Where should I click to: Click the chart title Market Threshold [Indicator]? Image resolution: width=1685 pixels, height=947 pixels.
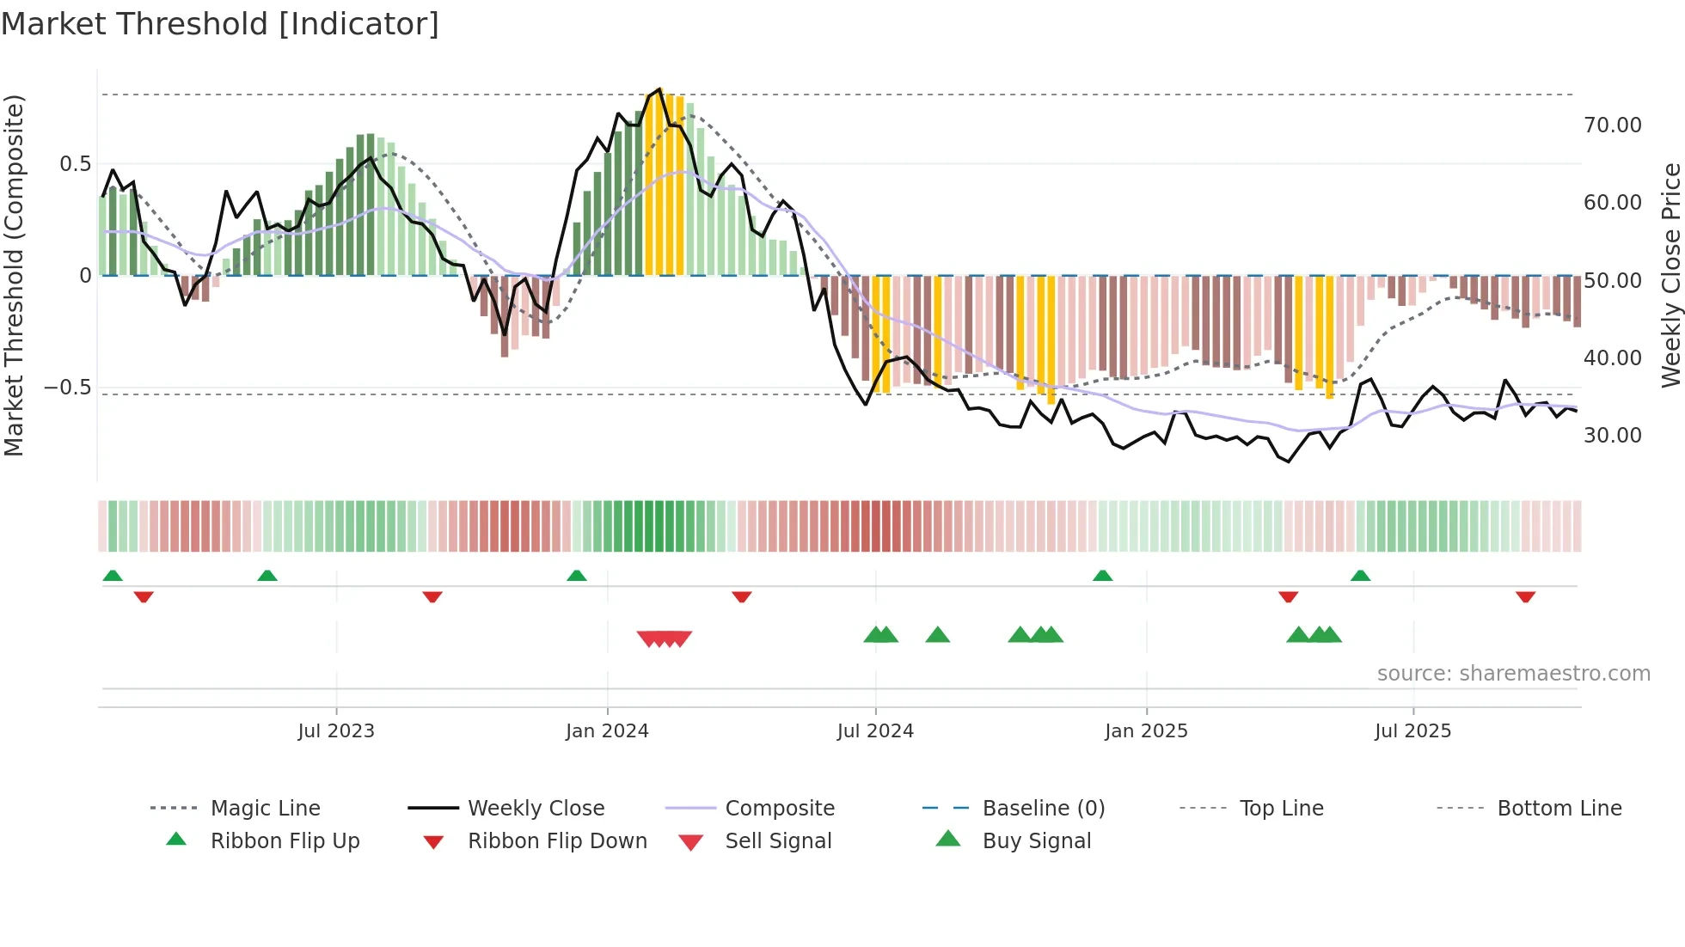(x=220, y=24)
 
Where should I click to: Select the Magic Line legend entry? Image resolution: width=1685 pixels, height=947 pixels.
(x=265, y=808)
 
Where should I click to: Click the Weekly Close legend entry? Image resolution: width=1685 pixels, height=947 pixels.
(x=536, y=808)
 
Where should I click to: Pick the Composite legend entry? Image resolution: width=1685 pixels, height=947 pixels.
(x=779, y=808)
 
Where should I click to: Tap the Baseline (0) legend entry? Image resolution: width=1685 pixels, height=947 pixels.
(x=1043, y=808)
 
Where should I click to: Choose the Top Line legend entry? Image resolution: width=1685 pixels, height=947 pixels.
(x=1281, y=808)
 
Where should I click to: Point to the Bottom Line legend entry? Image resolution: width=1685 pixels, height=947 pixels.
(x=1559, y=808)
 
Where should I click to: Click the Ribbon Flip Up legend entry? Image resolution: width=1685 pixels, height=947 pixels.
(x=285, y=840)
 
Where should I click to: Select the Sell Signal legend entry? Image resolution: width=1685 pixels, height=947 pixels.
(x=778, y=840)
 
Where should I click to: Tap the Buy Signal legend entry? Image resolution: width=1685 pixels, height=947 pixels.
(x=1036, y=840)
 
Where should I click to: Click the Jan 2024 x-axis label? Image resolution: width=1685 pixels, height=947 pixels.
(x=607, y=731)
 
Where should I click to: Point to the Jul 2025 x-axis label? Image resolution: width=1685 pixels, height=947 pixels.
(x=1412, y=731)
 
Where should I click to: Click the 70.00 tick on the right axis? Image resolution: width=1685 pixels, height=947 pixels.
(x=1612, y=125)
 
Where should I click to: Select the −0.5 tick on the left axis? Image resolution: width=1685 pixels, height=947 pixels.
(x=67, y=388)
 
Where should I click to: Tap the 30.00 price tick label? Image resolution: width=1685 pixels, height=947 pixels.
(x=1612, y=436)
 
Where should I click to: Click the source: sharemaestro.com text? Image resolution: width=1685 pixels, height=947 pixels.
(x=1513, y=674)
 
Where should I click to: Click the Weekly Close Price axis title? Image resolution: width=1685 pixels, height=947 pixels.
(x=1670, y=275)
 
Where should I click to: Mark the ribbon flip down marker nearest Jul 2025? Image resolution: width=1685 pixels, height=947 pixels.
(x=1288, y=596)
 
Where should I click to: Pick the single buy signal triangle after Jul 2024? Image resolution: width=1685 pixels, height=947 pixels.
(x=937, y=635)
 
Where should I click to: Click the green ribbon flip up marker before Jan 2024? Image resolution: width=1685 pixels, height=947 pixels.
(x=577, y=576)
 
